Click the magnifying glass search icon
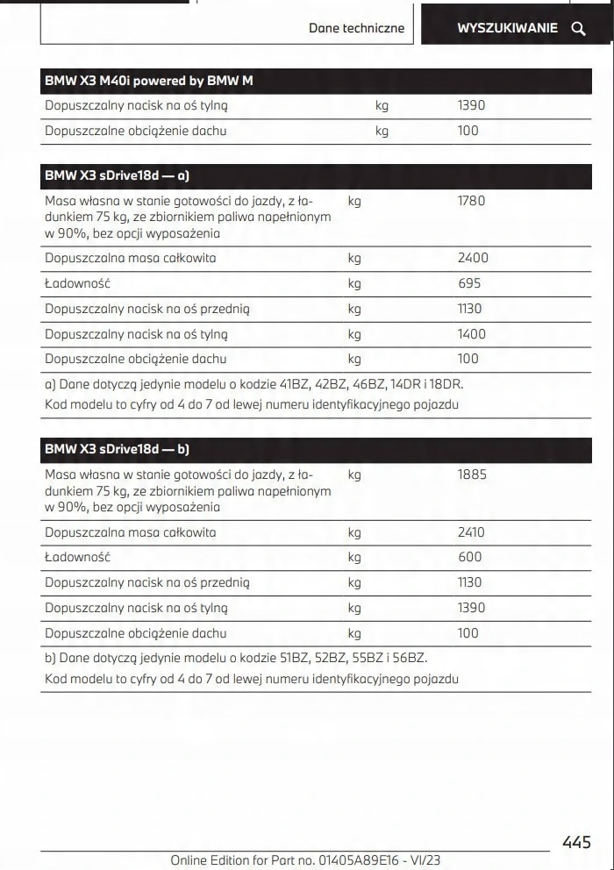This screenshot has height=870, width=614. point(578,28)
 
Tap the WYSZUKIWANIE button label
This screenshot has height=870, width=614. point(507,28)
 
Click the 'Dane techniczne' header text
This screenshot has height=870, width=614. point(356,28)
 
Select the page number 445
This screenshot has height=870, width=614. point(576,843)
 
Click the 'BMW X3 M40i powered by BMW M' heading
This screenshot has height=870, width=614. point(149,81)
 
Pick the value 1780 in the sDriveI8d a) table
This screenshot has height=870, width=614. point(471,201)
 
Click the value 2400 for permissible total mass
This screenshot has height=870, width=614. point(473,258)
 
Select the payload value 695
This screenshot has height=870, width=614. point(469,283)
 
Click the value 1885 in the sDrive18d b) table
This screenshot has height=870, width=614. point(472,474)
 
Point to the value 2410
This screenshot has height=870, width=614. point(471,532)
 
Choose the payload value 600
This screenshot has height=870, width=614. point(469,557)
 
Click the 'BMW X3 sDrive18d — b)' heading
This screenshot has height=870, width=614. point(118,449)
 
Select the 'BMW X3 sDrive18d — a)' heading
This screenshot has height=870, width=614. point(118,175)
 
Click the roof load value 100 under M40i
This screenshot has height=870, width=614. point(468,131)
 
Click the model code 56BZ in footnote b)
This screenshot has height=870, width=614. point(407,658)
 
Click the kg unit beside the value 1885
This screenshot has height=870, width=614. point(354,474)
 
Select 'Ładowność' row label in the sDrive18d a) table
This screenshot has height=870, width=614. point(78,283)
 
